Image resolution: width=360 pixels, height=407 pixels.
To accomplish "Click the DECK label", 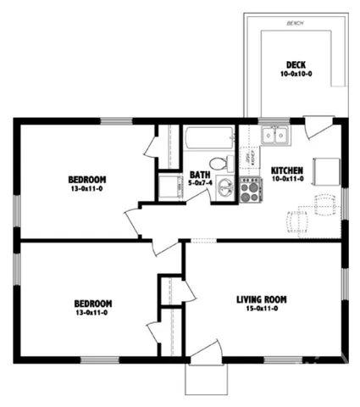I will pos(295,64).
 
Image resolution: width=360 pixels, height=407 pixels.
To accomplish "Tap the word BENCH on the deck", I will pos(295,23).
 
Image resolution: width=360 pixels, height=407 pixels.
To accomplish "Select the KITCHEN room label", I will pos(287,170).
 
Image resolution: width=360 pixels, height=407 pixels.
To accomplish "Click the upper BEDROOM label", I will pos(87,179).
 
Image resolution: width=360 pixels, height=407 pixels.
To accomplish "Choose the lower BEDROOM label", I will pos(91,303).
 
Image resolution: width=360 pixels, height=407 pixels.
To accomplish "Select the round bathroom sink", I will pos(224,188).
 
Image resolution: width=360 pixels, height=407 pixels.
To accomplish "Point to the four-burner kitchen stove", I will pos(251,191).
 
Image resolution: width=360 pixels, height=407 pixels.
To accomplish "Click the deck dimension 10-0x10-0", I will pos(295,75).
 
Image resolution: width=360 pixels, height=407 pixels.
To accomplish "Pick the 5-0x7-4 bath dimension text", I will pos(199,183).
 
